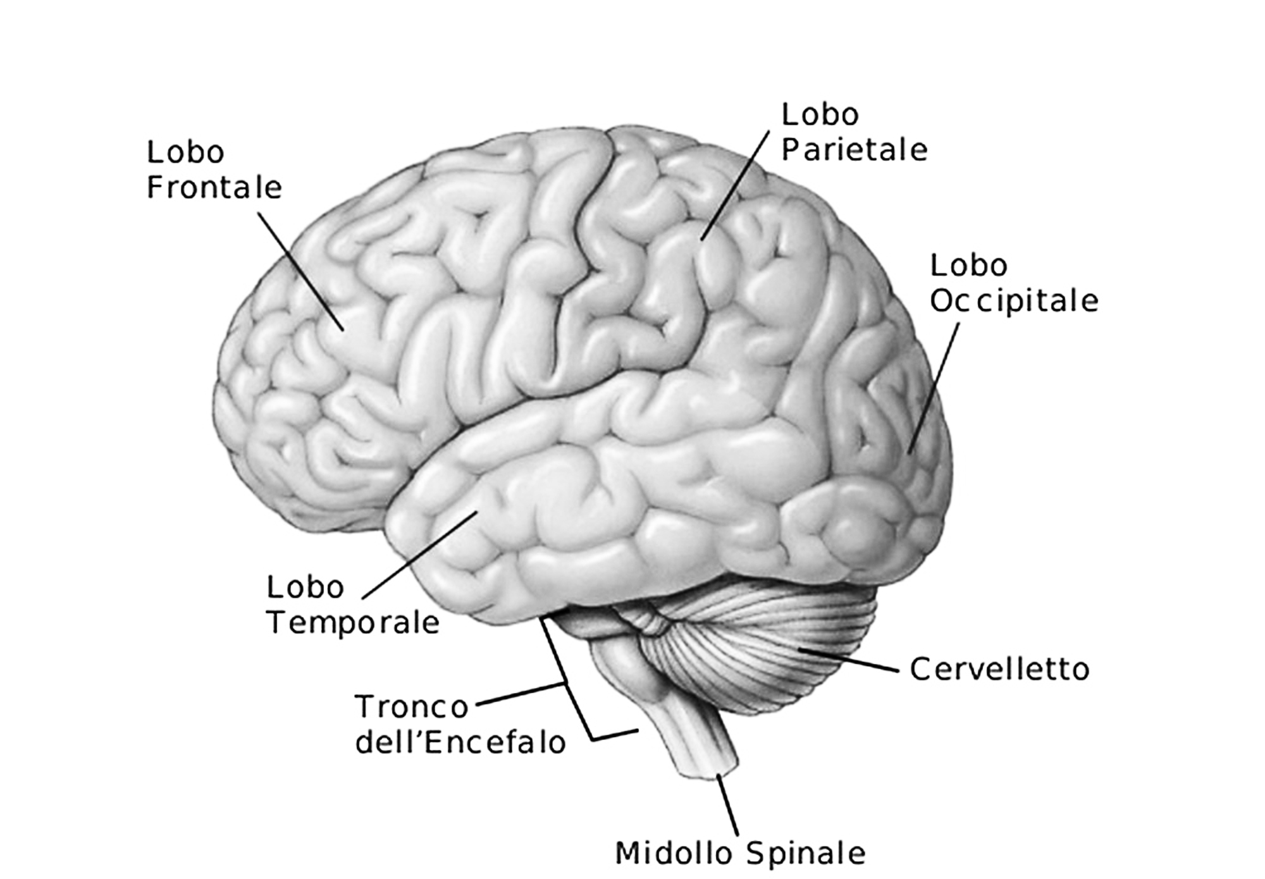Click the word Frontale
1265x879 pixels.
coord(214,188)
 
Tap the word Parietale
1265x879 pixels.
coord(854,151)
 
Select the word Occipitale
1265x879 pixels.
coord(1013,301)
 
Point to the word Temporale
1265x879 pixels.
coord(352,623)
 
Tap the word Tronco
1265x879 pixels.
coord(411,706)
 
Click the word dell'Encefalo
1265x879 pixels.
coord(460,742)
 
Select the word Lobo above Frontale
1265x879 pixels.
coord(185,152)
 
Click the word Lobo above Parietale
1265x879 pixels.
coord(820,115)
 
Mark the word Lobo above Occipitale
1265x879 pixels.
coord(968,266)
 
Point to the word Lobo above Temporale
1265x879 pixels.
coord(305,587)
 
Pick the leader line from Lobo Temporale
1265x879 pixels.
coord(419,555)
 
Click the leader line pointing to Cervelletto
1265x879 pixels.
coord(848,660)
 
